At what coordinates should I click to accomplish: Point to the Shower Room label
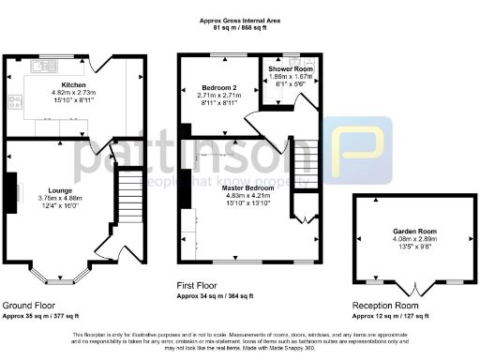287,69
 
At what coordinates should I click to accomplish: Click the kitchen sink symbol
41,66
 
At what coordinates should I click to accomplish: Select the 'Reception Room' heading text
385,307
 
